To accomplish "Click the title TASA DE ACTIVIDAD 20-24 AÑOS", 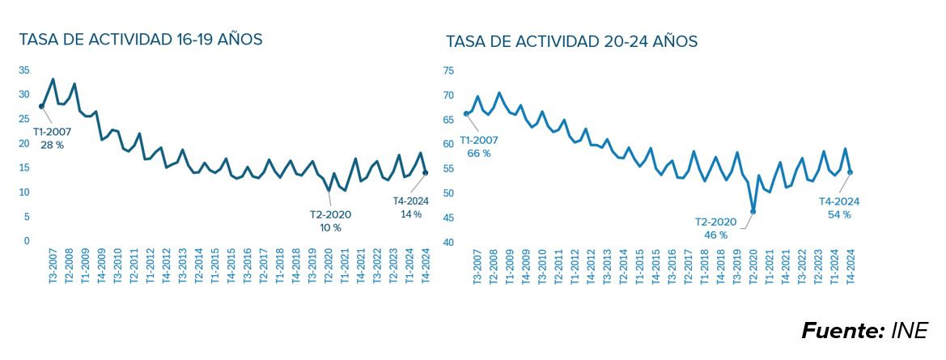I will [571, 41].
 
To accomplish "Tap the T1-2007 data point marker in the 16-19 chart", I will [41, 106].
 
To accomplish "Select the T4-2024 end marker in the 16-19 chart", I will [425, 172].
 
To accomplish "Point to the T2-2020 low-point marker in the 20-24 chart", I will [753, 212].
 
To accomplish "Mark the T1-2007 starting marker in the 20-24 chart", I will [466, 114].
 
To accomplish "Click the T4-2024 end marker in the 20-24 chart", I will [850, 172].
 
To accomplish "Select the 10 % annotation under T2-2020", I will [329, 228].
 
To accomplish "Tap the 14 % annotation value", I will [410, 214].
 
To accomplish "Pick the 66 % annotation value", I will [477, 153].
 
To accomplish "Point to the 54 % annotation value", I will [838, 214].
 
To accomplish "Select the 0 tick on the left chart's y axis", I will [27, 241].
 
